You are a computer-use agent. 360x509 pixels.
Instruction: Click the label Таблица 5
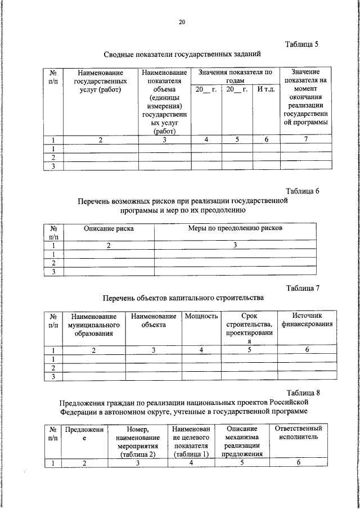coord(302,44)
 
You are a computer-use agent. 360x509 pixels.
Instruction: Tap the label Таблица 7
coord(303,289)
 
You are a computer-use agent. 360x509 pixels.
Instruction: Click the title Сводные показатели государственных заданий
coord(183,54)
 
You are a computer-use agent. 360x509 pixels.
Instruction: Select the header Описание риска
coord(109,228)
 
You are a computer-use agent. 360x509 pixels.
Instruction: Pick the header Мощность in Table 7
coord(201,317)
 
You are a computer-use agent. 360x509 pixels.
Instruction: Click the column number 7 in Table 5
coord(306,140)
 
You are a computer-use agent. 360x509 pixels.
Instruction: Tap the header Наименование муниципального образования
coord(93,325)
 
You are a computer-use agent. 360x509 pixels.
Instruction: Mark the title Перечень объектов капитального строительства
coord(183,298)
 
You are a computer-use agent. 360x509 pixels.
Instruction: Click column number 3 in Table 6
coord(236,245)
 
